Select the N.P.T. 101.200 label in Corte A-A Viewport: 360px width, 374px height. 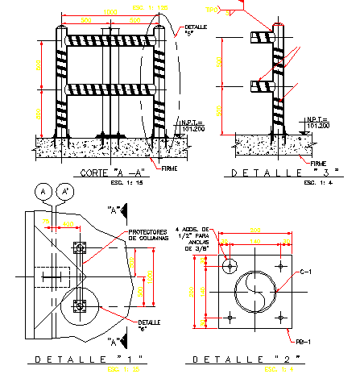192,124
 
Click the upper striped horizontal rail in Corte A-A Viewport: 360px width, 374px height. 110,39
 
